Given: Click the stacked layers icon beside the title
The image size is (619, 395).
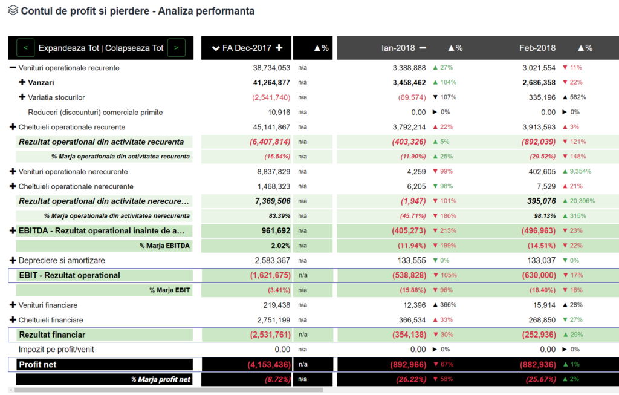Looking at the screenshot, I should (x=13, y=11).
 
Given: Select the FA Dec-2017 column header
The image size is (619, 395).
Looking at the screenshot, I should (x=247, y=48).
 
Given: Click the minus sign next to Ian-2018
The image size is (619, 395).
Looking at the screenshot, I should (x=422, y=48).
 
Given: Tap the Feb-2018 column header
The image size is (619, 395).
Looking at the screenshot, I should (x=537, y=48).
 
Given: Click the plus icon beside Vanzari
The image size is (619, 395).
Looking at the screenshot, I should (x=22, y=82).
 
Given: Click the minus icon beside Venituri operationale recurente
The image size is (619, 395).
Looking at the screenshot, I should (x=13, y=68).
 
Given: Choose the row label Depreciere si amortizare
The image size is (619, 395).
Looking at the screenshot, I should (x=62, y=260).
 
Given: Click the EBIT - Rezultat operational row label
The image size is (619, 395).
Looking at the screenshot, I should (x=70, y=275).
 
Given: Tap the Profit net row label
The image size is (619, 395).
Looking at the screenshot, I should (x=37, y=364).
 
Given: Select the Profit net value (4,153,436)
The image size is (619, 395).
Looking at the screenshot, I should (x=269, y=364).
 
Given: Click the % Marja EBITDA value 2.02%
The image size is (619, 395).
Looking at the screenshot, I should (x=280, y=246).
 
